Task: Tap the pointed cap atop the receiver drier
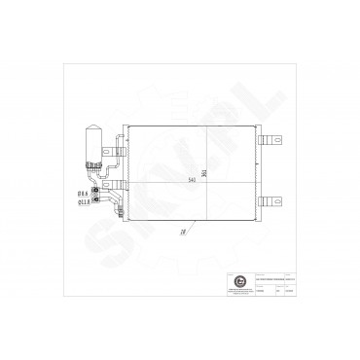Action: pos(95,127)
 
